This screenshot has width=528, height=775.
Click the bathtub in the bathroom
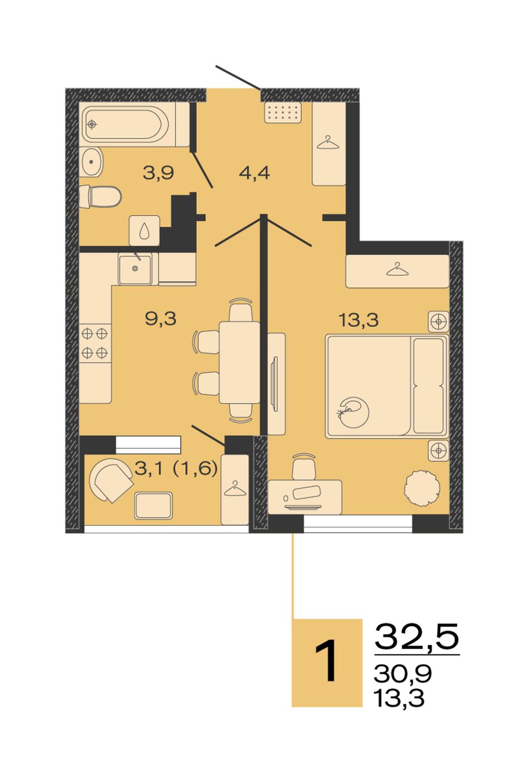pyautogui.click(x=127, y=124)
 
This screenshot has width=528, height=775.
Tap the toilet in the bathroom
pyautogui.click(x=100, y=196)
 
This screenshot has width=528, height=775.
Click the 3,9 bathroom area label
pyautogui.click(x=158, y=173)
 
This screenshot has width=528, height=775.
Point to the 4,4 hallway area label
pyautogui.click(x=254, y=173)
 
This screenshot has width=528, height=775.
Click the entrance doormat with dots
pyautogui.click(x=282, y=112)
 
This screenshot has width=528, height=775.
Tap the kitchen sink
pyautogui.click(x=135, y=268)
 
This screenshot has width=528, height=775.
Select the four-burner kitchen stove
pyautogui.click(x=94, y=343)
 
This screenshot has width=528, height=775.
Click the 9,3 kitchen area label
pyautogui.click(x=161, y=319)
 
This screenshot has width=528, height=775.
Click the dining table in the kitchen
pyautogui.click(x=240, y=362)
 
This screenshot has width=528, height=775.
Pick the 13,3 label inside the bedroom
pyautogui.click(x=358, y=320)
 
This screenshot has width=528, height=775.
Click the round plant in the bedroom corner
pyautogui.click(x=422, y=488)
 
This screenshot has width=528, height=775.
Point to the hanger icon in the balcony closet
pyautogui.click(x=234, y=489)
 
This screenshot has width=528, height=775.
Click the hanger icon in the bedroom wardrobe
pyautogui.click(x=397, y=270)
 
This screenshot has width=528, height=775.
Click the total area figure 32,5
pyautogui.click(x=417, y=636)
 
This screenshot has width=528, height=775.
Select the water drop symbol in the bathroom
pyautogui.click(x=144, y=230)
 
